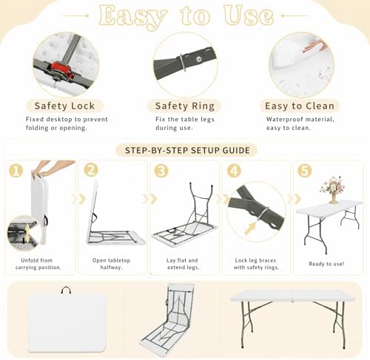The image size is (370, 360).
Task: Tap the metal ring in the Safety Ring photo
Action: pyautogui.click(x=183, y=63)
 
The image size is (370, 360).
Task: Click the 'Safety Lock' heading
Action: pyautogui.click(x=64, y=106)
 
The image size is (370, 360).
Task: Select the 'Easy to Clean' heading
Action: pyautogui.click(x=300, y=106)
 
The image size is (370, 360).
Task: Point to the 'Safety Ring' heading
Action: pyautogui.click(x=185, y=106)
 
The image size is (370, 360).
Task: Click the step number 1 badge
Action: pyautogui.click(x=16, y=171)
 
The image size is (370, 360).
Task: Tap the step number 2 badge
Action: pyautogui.click(x=91, y=170)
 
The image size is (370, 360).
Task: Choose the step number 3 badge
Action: pyautogui.click(x=161, y=170)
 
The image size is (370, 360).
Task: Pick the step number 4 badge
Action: pyautogui.click(x=234, y=170)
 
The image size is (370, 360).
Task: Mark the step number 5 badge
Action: pyautogui.click(x=304, y=170)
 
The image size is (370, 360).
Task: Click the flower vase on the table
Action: pyautogui.click(x=333, y=190)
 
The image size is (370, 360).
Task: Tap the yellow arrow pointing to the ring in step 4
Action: pyautogui.click(x=250, y=228)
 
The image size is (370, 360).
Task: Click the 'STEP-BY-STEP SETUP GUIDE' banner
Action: pyautogui.click(x=187, y=150)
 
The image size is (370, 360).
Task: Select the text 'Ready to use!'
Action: pyautogui.click(x=326, y=264)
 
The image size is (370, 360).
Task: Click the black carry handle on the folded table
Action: pyautogui.click(x=66, y=291)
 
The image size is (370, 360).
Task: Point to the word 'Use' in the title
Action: pyautogui.click(x=249, y=16)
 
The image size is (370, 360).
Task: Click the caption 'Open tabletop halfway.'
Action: pyautogui.click(x=111, y=264)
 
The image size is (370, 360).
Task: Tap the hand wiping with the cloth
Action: pyautogui.click(x=315, y=46)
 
